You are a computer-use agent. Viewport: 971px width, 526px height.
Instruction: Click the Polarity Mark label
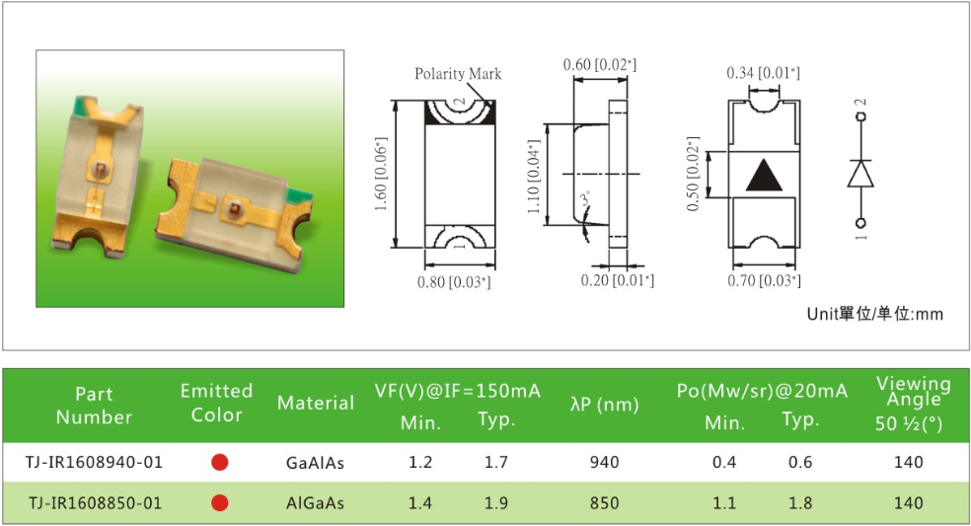click(458, 74)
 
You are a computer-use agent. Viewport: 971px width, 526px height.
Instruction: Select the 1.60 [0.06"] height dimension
click(382, 174)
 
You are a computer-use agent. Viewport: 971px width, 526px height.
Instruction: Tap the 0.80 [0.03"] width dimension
click(454, 282)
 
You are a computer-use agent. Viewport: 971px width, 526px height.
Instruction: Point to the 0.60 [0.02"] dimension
click(599, 64)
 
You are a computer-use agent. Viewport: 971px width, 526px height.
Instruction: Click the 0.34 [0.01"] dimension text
click(763, 73)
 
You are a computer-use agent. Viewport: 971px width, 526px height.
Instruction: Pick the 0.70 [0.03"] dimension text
click(764, 280)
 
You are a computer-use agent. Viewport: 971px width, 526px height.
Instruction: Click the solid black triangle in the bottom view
click(764, 175)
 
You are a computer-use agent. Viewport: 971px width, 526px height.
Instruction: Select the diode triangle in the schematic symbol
click(860, 173)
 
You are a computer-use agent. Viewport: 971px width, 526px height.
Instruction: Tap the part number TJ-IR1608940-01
click(94, 462)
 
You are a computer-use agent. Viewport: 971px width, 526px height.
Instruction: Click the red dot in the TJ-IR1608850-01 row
click(220, 502)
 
